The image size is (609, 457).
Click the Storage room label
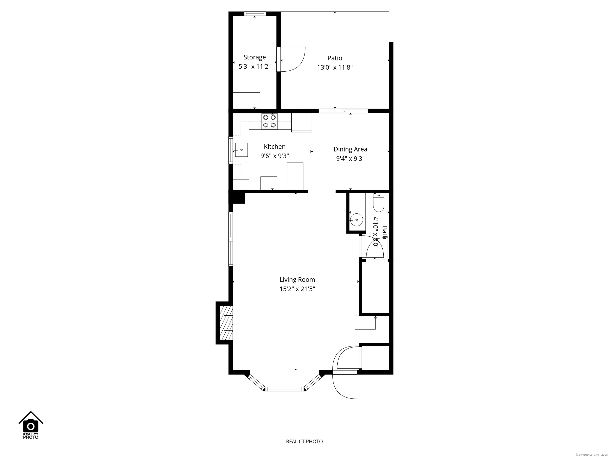[254, 57]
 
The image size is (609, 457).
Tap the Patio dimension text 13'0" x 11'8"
[335, 67]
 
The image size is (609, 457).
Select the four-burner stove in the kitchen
[269, 121]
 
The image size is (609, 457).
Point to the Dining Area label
[350, 149]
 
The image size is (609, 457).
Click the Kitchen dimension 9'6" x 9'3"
[275, 156]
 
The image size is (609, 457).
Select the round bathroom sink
[356, 220]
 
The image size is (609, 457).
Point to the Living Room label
[297, 280]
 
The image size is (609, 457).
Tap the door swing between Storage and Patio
[293, 60]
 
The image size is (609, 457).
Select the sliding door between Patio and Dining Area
[343, 111]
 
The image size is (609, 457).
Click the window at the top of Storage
[255, 13]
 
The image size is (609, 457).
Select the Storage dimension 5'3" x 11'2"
[254, 67]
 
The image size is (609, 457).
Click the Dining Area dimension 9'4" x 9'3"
[350, 159]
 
